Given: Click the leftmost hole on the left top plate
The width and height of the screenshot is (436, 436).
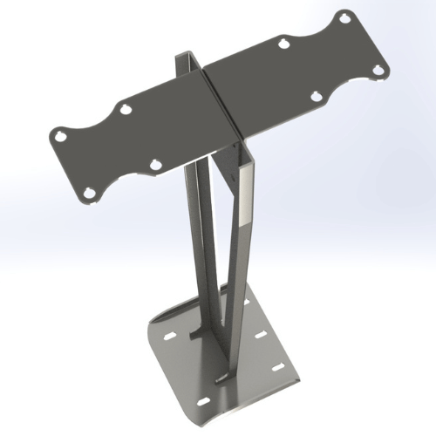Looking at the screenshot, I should [x=59, y=136].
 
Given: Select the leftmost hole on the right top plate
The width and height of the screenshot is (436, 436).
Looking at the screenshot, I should [x=283, y=41].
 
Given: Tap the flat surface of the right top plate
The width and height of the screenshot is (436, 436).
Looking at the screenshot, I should [x=288, y=78].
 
